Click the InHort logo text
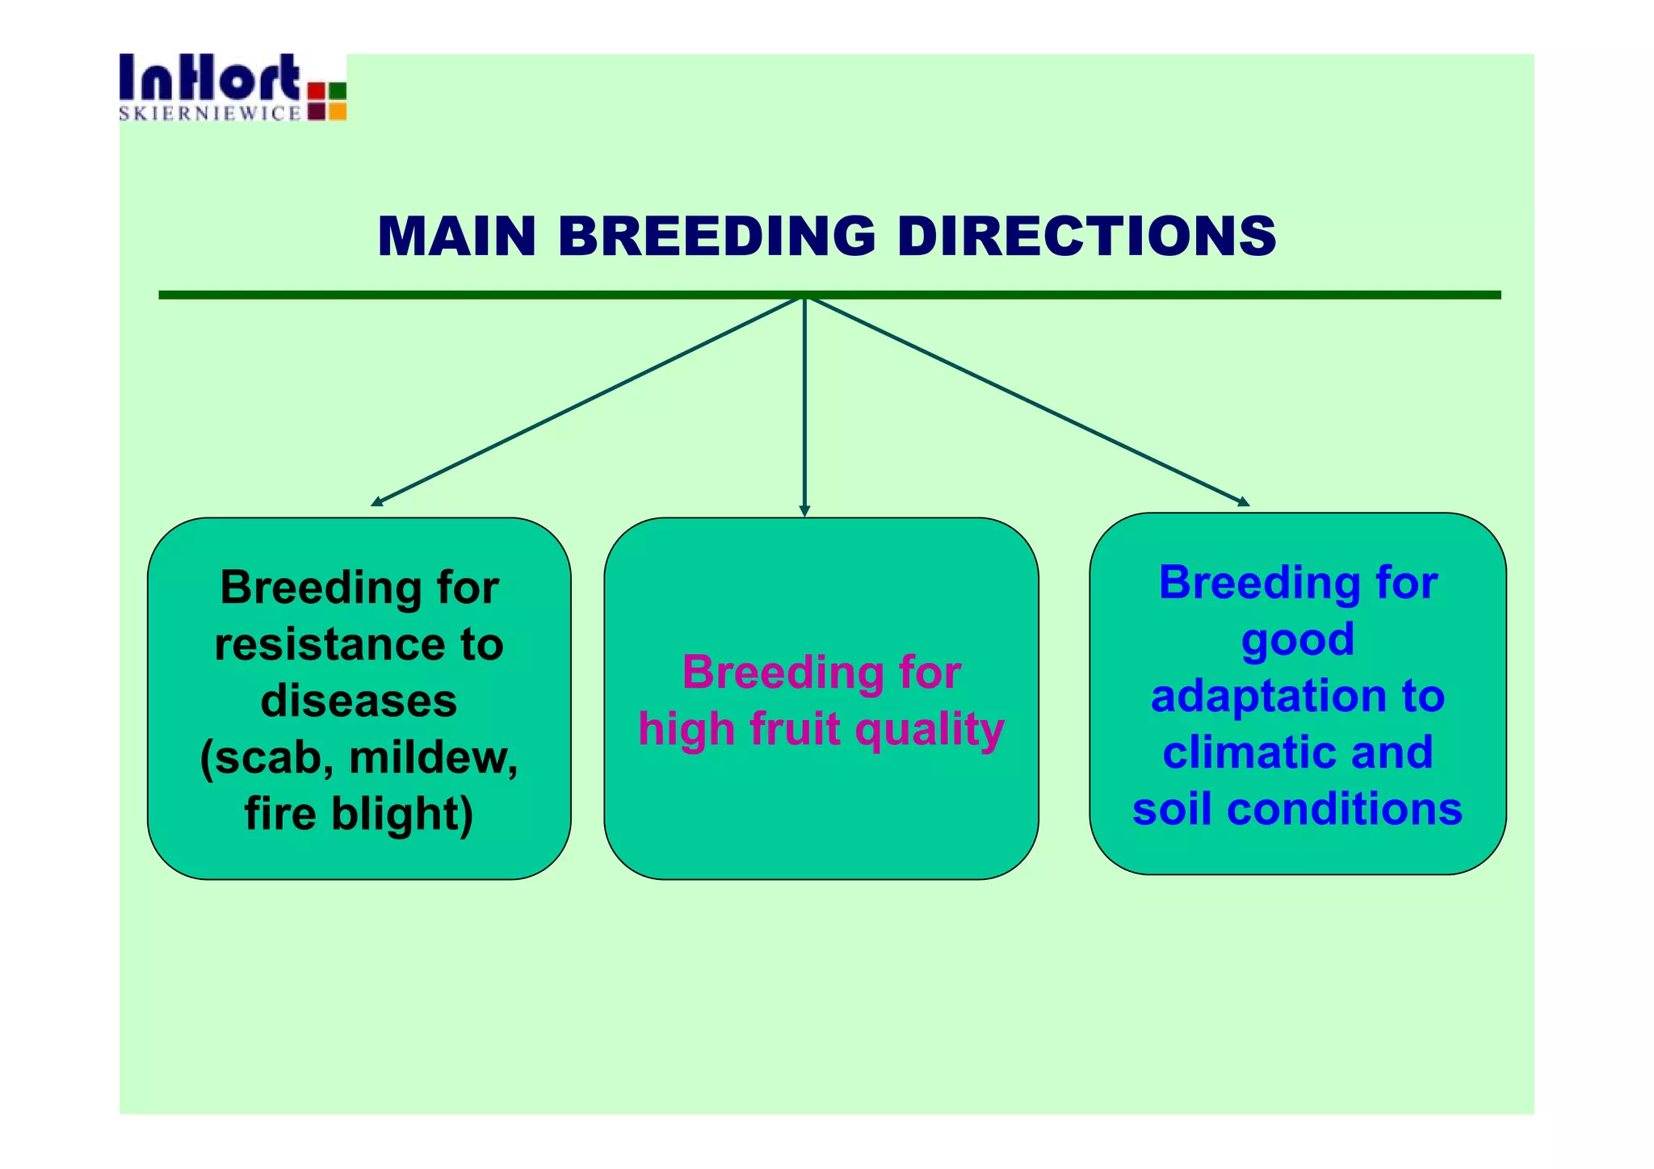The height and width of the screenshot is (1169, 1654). (x=210, y=78)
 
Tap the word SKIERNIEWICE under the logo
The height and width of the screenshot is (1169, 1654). (x=210, y=114)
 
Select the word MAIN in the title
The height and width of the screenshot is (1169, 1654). (x=456, y=237)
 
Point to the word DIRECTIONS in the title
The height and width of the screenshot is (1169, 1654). (x=1086, y=237)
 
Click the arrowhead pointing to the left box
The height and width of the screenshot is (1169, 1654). (x=376, y=503)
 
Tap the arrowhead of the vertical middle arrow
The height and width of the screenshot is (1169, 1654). (x=804, y=511)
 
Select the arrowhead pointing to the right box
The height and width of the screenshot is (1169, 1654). (x=1244, y=502)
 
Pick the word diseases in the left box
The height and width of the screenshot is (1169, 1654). (x=359, y=700)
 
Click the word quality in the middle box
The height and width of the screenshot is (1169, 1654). (x=929, y=730)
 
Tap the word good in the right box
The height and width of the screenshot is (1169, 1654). (x=1297, y=640)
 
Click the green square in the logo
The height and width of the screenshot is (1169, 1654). (x=338, y=90)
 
